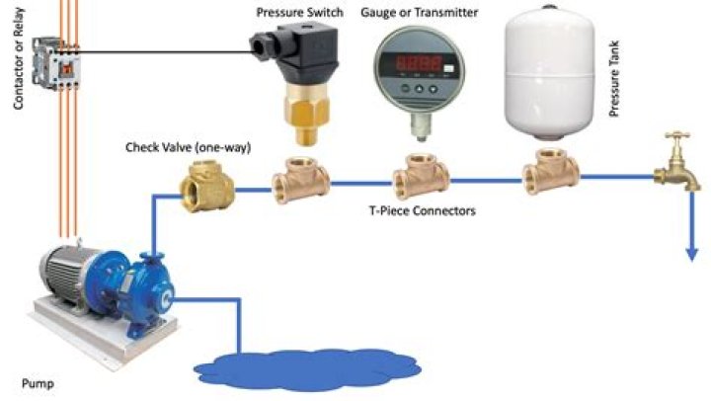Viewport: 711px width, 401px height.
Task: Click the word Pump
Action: (37, 380)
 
